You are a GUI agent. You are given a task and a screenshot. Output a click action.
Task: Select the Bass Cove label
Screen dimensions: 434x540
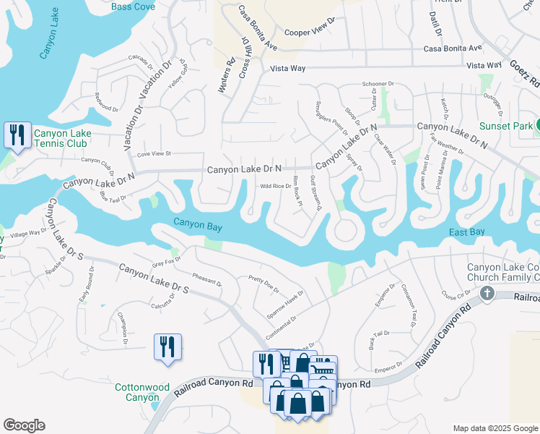click(x=134, y=7)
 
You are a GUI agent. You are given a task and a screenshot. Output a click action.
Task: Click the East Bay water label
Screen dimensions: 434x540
click(x=466, y=232)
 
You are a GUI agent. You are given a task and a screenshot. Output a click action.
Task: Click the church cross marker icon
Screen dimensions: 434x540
click(x=488, y=294)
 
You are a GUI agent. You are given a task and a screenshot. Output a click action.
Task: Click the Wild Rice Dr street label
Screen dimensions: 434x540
click(x=275, y=186)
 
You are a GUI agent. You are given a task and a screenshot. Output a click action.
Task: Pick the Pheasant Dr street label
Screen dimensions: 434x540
click(x=207, y=280)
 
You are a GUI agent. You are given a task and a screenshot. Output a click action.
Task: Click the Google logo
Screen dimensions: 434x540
click(x=24, y=425)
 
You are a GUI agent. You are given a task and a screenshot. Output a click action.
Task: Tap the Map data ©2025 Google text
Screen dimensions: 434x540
click(x=495, y=428)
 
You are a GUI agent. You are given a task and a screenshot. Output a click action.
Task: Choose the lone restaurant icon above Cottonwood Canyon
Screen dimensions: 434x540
click(x=167, y=346)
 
